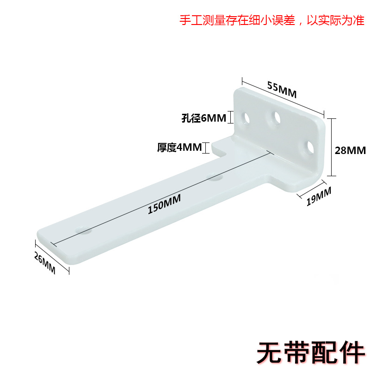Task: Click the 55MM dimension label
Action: [282, 89]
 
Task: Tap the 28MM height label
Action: [351, 150]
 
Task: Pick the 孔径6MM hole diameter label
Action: [203, 118]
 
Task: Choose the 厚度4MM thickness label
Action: [179, 148]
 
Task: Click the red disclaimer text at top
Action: [272, 21]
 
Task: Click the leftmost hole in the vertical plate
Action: [245, 117]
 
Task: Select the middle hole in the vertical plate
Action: [277, 117]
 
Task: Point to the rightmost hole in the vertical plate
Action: [309, 147]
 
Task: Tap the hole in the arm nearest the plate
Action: [215, 176]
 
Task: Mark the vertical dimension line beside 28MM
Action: [331, 147]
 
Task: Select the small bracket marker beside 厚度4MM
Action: [207, 148]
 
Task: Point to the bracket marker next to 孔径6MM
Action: [231, 117]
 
